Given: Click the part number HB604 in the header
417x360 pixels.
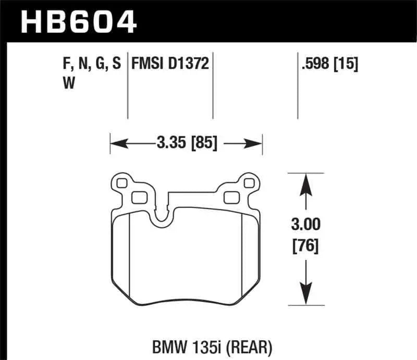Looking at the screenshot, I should [x=78, y=21].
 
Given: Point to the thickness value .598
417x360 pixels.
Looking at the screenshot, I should [x=316, y=65].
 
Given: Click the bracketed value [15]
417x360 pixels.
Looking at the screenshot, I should [x=346, y=65].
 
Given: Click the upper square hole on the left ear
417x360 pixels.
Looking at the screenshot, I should [x=122, y=183].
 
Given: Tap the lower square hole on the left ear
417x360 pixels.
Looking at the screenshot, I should [x=138, y=197].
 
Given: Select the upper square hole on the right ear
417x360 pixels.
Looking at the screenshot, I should [x=248, y=183].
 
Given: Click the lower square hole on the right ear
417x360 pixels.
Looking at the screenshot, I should [x=230, y=197].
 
